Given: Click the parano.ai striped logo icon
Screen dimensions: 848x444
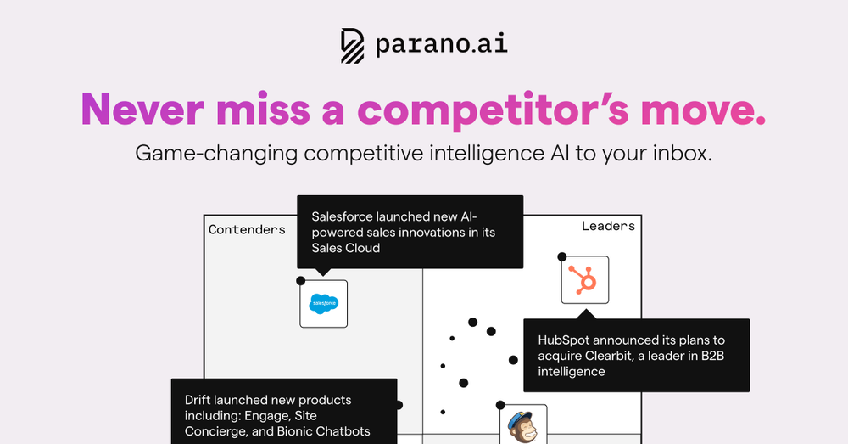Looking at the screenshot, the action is [x=353, y=46].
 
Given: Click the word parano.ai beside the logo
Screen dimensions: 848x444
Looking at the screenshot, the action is [x=442, y=43].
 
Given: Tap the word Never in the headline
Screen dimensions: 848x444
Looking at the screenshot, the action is [x=142, y=110].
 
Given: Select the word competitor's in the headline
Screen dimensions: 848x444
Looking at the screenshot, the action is [x=493, y=110].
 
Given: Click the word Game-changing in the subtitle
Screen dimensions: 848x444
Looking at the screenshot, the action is [x=216, y=154].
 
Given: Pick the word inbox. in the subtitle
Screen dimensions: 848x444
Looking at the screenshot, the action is [x=682, y=153].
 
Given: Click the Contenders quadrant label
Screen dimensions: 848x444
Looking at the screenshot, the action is [x=247, y=229].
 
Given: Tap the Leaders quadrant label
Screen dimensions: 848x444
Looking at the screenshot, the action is [x=608, y=226].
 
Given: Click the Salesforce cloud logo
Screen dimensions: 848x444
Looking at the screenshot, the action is [x=324, y=304].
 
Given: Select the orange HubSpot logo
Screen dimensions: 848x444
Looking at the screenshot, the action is [x=584, y=279].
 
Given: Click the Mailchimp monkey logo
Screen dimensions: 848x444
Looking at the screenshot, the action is [x=523, y=427].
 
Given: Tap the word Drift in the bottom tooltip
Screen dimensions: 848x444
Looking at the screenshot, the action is [x=198, y=400].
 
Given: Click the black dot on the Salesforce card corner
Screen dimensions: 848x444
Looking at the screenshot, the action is [x=301, y=280].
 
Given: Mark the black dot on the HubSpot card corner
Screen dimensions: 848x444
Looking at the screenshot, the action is [x=562, y=256].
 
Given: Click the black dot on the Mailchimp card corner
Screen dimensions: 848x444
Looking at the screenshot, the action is [x=500, y=405].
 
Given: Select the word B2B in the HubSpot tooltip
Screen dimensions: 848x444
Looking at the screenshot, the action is [x=713, y=356].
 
